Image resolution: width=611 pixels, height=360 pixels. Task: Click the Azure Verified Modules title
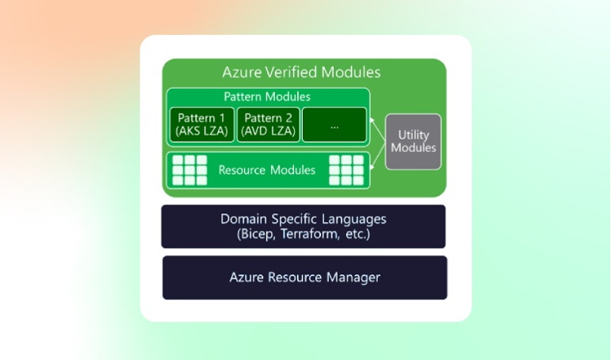click(301, 72)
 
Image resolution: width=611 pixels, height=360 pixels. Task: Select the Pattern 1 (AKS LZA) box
click(201, 124)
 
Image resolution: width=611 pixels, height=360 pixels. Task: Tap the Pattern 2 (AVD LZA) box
click(268, 124)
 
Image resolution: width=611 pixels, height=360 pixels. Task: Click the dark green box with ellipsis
click(334, 124)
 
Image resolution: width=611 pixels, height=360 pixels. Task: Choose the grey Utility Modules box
click(413, 141)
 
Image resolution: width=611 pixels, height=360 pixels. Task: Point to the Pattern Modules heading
click(267, 97)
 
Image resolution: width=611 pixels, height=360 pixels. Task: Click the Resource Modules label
click(266, 170)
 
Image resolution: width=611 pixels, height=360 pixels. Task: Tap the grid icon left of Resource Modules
click(189, 170)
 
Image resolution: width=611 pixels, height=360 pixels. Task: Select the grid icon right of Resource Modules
click(346, 170)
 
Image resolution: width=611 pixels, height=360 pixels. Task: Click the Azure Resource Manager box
click(304, 278)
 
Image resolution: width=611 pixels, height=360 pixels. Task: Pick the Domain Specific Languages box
click(304, 226)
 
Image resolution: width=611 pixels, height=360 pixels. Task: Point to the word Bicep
click(258, 235)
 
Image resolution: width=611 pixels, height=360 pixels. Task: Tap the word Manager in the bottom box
click(354, 278)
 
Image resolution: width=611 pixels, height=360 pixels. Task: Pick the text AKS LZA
click(201, 131)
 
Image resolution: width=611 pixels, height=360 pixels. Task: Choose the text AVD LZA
click(268, 131)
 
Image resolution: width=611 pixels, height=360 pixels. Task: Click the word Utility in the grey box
click(413, 135)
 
